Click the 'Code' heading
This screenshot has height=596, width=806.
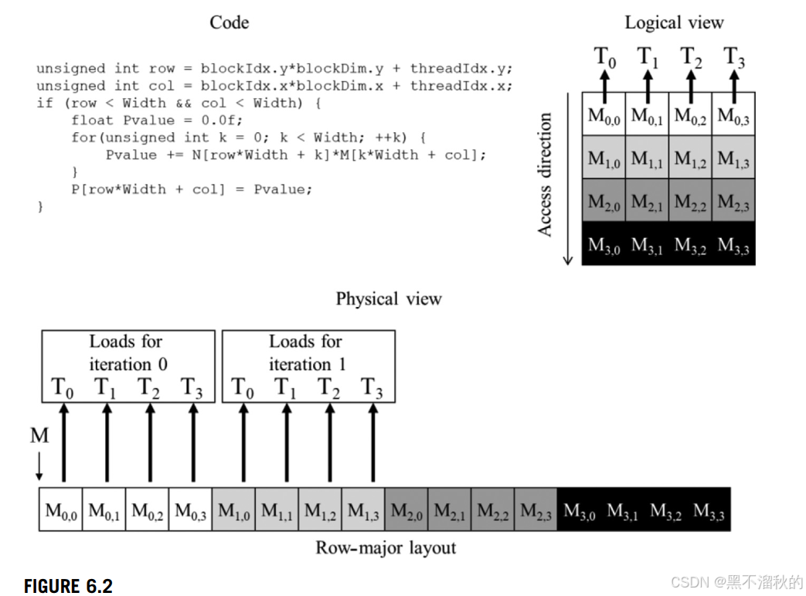[229, 22]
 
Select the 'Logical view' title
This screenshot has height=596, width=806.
[674, 22]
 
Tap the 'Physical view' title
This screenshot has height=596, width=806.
[389, 299]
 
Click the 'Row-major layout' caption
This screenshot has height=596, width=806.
[386, 548]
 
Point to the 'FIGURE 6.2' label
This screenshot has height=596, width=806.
[68, 586]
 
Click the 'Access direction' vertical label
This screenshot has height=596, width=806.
[546, 175]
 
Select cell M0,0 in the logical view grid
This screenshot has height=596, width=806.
[604, 116]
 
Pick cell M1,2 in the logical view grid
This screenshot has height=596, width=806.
[691, 159]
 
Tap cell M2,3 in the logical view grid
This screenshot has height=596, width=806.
[733, 203]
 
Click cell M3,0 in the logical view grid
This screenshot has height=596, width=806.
[604, 246]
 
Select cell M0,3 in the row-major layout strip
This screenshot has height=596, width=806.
[190, 511]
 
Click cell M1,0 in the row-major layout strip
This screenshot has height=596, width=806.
[233, 511]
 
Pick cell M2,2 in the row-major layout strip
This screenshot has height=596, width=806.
[493, 511]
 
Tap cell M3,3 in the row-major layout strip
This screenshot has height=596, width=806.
[709, 511]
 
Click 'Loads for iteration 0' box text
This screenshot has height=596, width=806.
[128, 352]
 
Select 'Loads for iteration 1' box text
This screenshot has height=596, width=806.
[308, 352]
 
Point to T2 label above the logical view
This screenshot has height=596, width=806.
[692, 57]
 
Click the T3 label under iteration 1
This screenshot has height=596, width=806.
[372, 388]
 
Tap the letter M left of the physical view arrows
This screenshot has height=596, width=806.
[39, 436]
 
